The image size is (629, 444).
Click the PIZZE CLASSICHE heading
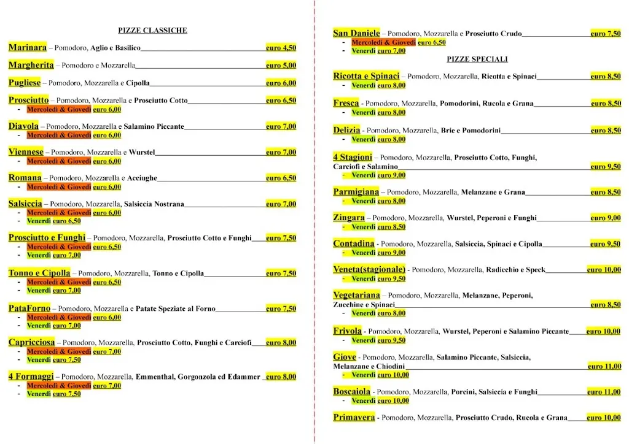(x=152, y=30)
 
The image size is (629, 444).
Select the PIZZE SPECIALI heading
(x=477, y=59)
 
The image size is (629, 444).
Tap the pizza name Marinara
(x=28, y=47)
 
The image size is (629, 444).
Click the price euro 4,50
(x=281, y=48)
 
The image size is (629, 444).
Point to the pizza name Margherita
(x=31, y=65)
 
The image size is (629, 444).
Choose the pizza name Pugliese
(x=25, y=83)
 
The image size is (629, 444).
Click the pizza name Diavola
(x=24, y=126)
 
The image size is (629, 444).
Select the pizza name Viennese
(x=26, y=152)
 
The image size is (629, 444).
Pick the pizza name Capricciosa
(x=32, y=342)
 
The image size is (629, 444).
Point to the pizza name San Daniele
(x=356, y=34)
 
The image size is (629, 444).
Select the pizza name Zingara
(x=349, y=218)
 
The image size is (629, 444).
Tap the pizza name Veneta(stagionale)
(x=369, y=269)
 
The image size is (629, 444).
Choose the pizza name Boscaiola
(x=352, y=391)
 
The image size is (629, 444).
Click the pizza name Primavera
(x=354, y=418)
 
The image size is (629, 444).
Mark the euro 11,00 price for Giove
(x=604, y=366)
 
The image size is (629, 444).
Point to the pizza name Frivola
(x=347, y=331)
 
